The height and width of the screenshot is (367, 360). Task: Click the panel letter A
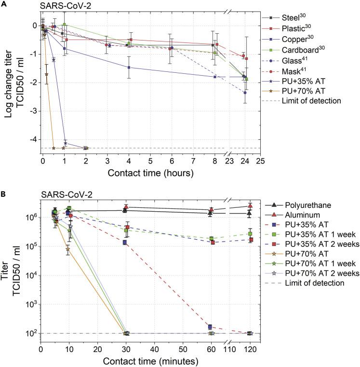[5, 5]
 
